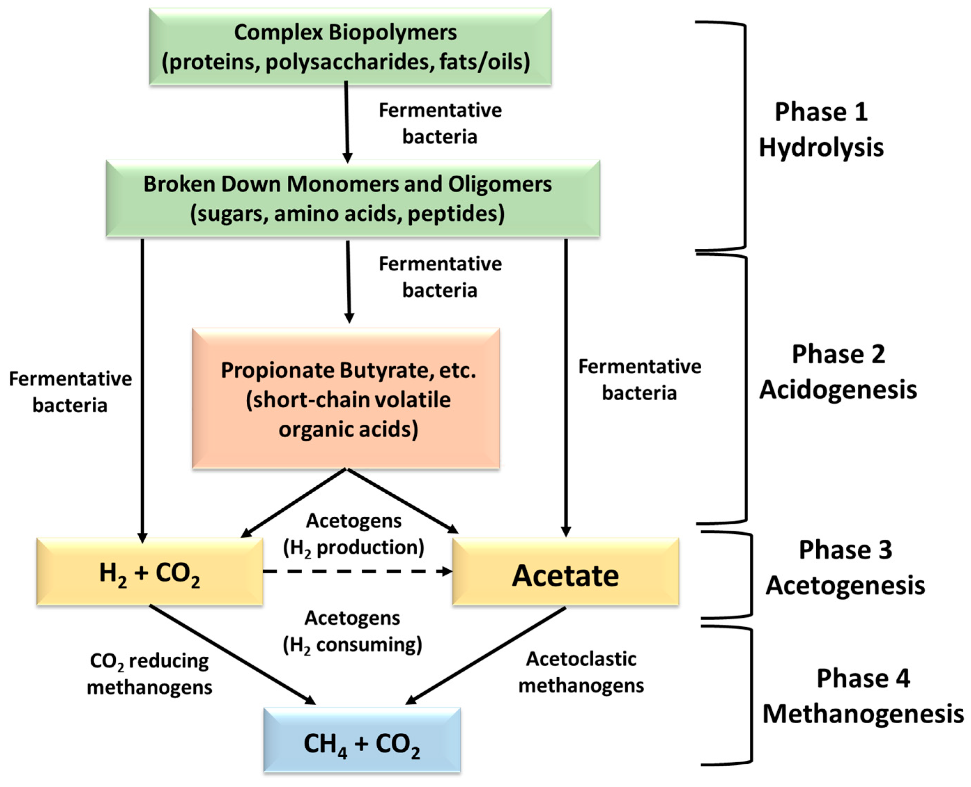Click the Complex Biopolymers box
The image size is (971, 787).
point(350,47)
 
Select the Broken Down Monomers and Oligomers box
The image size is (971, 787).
point(353,199)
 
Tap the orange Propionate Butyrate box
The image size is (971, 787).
point(346,399)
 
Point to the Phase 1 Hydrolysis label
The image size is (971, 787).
point(821,130)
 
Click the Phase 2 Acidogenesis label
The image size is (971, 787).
point(838,372)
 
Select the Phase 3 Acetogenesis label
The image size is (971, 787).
point(845,568)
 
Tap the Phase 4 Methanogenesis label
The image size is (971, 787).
point(863,696)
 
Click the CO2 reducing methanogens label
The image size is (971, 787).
point(149,674)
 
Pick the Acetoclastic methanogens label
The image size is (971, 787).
point(581,672)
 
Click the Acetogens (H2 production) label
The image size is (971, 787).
point(354,534)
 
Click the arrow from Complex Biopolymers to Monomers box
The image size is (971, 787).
point(347,122)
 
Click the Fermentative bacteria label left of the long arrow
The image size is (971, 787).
point(70,392)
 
